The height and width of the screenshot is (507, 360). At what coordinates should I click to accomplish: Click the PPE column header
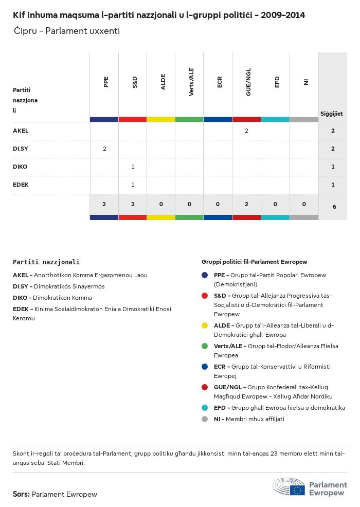pyautogui.click(x=105, y=82)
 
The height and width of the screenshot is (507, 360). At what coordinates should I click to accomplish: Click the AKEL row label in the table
pyautogui.click(x=21, y=131)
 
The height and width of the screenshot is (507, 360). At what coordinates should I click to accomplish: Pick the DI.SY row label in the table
pyautogui.click(x=21, y=149)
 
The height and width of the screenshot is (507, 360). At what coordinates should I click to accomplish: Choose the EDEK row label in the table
pyautogui.click(x=21, y=185)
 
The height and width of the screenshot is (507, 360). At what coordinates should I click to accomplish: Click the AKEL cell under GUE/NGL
pyautogui.click(x=246, y=131)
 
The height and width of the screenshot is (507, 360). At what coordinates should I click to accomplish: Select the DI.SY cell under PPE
pyautogui.click(x=104, y=149)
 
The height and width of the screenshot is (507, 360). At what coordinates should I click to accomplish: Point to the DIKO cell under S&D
pyautogui.click(x=133, y=167)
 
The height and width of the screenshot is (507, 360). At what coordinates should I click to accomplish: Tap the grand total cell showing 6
pyautogui.click(x=334, y=207)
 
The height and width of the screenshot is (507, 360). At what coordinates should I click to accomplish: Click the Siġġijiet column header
pyautogui.click(x=332, y=114)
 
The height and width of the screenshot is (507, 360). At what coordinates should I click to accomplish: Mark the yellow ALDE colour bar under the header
pyautogui.click(x=161, y=119)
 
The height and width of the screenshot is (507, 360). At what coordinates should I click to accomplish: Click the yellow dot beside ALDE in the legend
pyautogui.click(x=205, y=325)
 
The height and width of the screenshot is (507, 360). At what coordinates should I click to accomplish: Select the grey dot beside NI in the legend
pyautogui.click(x=205, y=419)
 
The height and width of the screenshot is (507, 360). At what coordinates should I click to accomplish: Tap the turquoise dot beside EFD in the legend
pyautogui.click(x=205, y=408)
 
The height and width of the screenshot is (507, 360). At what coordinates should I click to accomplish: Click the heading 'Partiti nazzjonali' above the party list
pyautogui.click(x=46, y=262)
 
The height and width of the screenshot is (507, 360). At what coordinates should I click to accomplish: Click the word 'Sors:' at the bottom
pyautogui.click(x=21, y=494)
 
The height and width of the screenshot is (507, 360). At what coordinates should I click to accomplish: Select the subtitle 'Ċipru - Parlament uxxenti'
pyautogui.click(x=67, y=31)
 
